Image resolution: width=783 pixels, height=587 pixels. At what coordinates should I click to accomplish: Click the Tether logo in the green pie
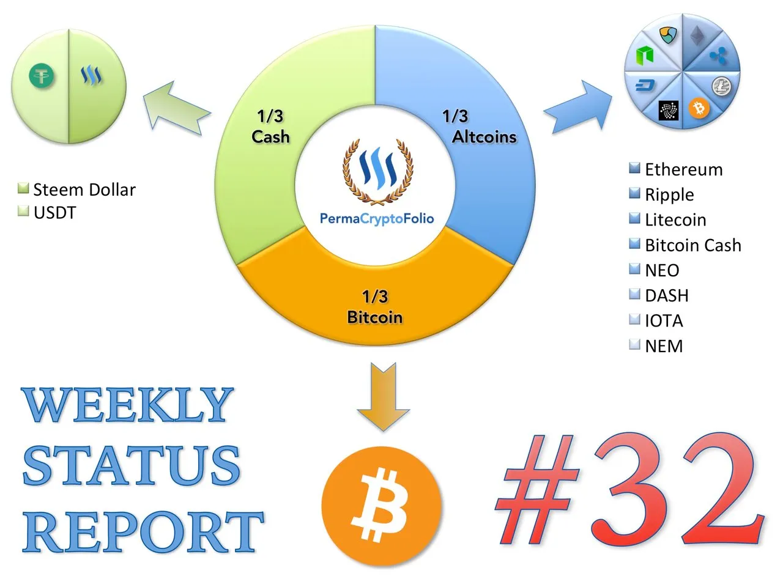(41, 76)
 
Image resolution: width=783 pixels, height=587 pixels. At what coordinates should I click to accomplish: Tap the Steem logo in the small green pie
(91, 75)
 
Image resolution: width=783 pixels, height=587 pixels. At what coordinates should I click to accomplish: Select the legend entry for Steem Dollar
(76, 190)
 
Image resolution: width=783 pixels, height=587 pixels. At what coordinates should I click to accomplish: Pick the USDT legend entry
(46, 212)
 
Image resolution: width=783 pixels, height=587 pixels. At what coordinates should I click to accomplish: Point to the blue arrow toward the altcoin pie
(578, 107)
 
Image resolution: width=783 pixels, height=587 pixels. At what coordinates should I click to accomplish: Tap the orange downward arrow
(383, 397)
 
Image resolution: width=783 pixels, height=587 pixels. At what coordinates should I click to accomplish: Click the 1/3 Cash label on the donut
(270, 127)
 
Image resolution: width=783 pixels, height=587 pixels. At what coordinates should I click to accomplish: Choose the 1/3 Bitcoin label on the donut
(375, 307)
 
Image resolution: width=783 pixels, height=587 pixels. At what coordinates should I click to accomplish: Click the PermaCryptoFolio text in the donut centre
(377, 218)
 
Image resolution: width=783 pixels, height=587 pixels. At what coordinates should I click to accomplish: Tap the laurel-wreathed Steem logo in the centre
(378, 172)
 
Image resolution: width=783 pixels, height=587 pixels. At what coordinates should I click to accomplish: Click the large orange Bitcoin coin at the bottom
(381, 506)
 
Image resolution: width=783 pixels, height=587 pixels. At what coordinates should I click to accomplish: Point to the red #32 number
(629, 489)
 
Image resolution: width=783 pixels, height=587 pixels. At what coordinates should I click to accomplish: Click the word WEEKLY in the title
(127, 405)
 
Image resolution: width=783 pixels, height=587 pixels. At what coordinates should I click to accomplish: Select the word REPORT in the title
(143, 531)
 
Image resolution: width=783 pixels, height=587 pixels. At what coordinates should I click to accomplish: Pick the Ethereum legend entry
(675, 169)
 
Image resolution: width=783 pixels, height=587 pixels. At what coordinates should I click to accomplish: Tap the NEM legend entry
(656, 345)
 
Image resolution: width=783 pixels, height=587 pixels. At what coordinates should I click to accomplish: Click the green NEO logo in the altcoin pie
(644, 56)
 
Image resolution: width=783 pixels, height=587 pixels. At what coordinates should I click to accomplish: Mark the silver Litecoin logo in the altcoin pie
(722, 86)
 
